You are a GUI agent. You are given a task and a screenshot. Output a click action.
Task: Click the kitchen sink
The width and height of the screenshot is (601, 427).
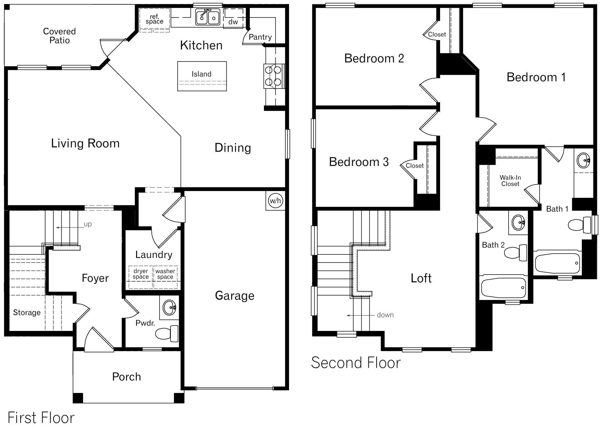click(x=208, y=17)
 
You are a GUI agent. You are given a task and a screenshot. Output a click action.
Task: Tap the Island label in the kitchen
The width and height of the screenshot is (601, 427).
click(x=201, y=74)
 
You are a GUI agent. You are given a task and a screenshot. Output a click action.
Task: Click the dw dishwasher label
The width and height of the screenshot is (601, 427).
click(x=233, y=22)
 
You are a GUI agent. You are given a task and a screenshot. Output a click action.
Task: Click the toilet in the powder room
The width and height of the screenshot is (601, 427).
click(x=167, y=334)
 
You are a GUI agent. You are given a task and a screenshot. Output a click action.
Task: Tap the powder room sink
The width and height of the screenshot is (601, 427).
click(x=169, y=308)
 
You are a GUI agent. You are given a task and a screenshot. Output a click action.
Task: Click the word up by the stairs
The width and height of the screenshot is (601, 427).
click(x=88, y=224)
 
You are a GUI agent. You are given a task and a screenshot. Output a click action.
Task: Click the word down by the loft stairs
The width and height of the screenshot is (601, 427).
click(x=385, y=315)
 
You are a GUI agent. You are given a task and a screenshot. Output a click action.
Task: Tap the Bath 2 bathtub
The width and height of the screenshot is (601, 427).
click(x=503, y=288)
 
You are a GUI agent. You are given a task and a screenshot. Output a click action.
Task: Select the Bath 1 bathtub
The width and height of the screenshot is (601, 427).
click(x=557, y=263)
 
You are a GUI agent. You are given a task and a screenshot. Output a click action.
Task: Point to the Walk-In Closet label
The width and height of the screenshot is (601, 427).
click(x=510, y=181)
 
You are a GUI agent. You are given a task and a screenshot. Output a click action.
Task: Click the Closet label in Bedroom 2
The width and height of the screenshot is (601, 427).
click(x=437, y=34)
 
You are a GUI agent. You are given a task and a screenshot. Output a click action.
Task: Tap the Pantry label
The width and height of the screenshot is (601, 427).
click(x=260, y=37)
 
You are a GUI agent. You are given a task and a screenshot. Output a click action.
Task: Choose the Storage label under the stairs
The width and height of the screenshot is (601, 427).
click(x=27, y=313)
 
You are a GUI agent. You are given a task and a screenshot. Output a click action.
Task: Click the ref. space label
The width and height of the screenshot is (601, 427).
click(x=154, y=19)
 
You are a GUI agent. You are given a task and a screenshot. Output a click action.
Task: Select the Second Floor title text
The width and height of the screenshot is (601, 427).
click(x=356, y=363)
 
